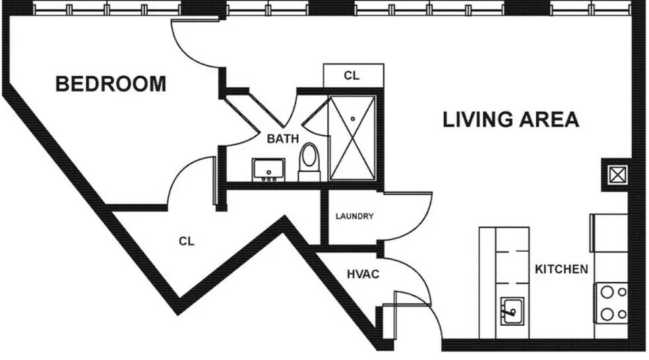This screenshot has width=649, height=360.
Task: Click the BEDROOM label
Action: [110, 84]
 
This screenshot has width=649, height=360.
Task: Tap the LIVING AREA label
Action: [510, 119]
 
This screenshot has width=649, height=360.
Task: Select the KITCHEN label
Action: [561, 269]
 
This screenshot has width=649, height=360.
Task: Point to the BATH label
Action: [282, 139]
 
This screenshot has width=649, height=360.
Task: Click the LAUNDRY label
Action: [355, 216]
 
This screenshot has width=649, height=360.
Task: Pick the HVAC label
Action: [363, 274]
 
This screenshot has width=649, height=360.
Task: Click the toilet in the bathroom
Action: [308, 161]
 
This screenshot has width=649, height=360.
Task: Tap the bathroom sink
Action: [268, 170]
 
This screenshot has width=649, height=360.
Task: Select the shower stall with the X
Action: [352, 138]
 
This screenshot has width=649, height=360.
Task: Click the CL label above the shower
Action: [352, 76]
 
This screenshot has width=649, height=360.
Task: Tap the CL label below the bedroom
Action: [187, 241]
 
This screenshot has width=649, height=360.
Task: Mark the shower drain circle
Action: [353, 119]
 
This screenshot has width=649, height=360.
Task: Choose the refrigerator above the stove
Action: [608, 232]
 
